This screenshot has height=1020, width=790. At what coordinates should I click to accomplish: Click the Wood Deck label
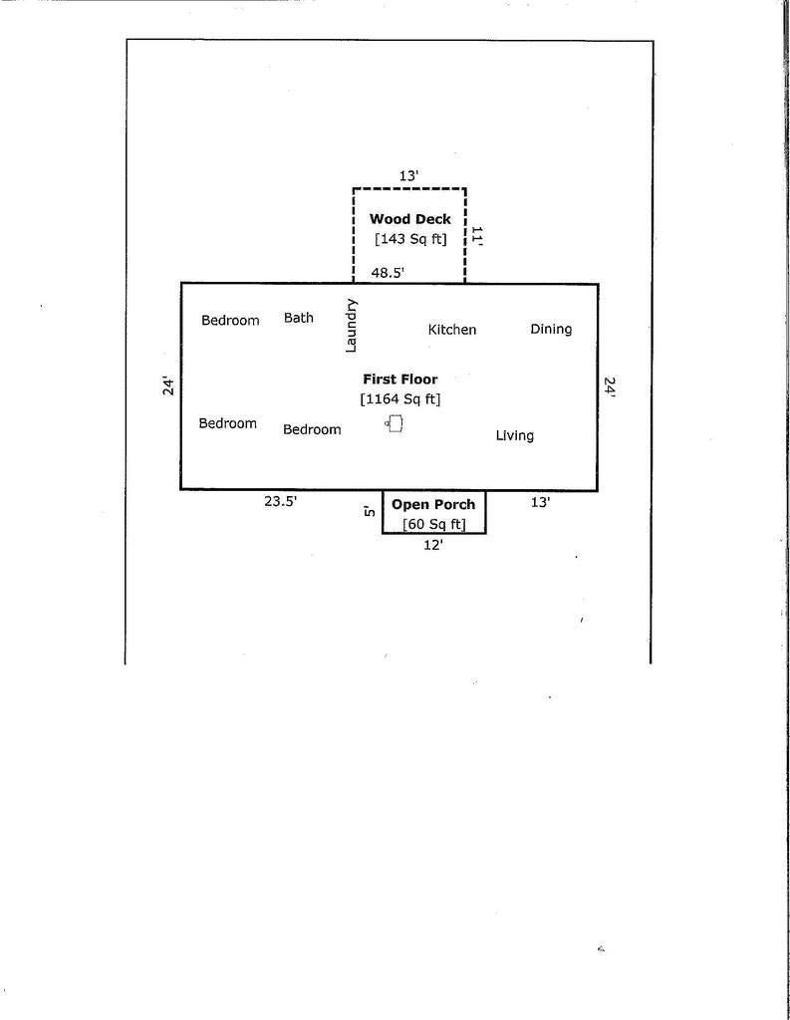point(410,219)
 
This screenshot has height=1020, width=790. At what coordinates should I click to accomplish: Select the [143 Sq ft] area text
point(410,239)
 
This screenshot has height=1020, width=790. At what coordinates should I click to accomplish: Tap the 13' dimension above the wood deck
point(408,175)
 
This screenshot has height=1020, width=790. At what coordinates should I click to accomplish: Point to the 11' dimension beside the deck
point(476,235)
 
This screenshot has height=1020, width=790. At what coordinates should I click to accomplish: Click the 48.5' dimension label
point(388,273)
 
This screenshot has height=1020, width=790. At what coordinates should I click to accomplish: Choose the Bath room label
point(299,318)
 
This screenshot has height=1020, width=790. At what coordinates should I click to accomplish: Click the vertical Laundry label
point(351,326)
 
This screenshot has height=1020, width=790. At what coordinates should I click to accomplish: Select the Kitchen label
point(452,330)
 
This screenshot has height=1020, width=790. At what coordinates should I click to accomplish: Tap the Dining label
point(551,329)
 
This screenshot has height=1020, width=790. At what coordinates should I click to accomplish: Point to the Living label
point(515,436)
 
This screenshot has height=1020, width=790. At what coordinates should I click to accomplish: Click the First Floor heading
point(400,380)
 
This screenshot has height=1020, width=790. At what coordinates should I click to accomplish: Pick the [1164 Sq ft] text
point(400,398)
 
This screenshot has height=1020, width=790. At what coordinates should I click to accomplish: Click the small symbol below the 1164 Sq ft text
point(395,423)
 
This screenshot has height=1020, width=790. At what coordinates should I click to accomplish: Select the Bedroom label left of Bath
point(230,320)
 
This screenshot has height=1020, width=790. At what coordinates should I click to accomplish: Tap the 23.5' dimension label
point(281,502)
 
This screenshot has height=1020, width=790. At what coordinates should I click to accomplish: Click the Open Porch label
point(433,505)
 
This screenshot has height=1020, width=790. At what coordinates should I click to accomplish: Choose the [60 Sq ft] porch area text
point(434,524)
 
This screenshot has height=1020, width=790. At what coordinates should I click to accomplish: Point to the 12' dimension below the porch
point(433,545)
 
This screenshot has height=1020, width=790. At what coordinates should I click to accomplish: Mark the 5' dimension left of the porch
point(370,511)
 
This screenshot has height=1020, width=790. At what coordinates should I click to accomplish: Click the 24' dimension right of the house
point(610,386)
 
